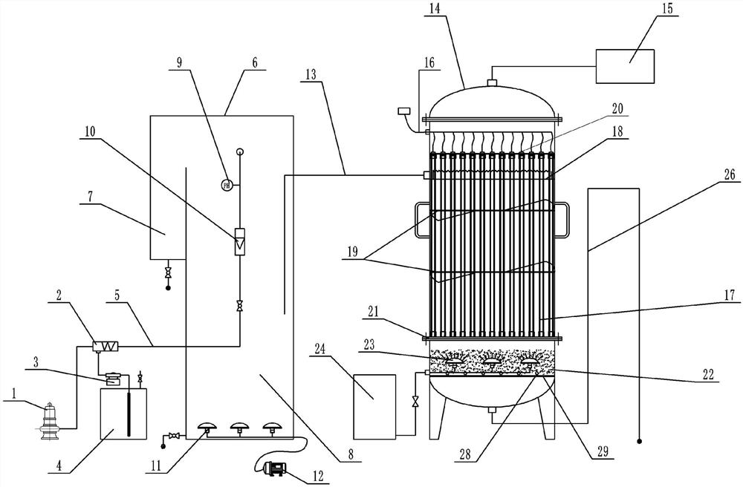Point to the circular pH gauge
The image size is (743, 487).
227,183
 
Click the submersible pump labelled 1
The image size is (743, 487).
51,421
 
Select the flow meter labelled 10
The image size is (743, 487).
239,242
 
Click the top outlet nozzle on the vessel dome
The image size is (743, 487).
490,82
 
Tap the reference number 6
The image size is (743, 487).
253,65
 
